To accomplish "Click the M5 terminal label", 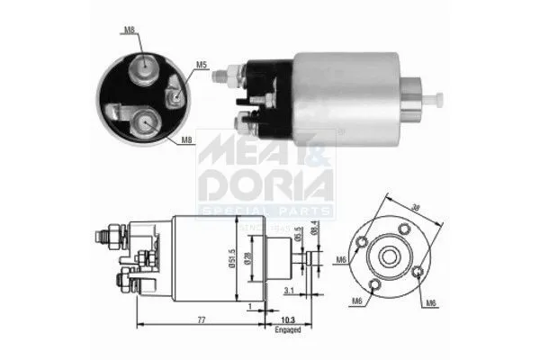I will [x=201, y=65].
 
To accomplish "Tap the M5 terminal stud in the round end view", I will [x=173, y=88].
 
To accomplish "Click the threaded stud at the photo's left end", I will [x=218, y=76].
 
